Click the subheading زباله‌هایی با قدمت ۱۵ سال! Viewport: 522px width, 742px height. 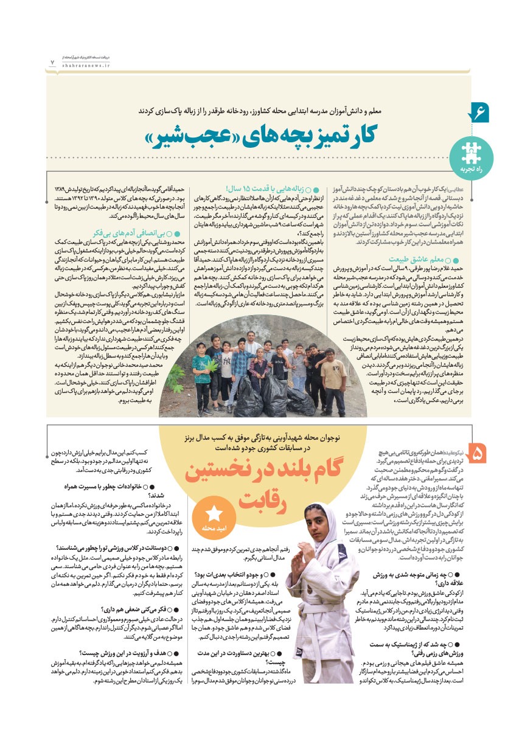click(x=268, y=188)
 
